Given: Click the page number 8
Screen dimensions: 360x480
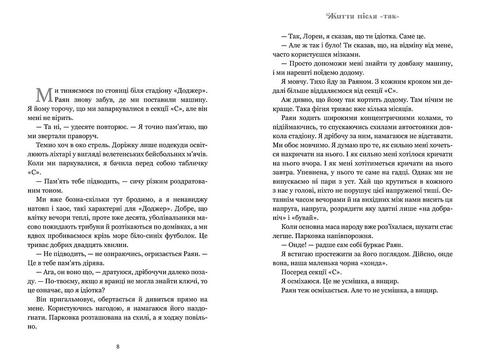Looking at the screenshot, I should [x=118, y=347].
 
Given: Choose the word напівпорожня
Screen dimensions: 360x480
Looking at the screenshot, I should [x=351, y=235].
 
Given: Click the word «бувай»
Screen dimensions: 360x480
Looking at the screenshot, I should [x=309, y=217].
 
